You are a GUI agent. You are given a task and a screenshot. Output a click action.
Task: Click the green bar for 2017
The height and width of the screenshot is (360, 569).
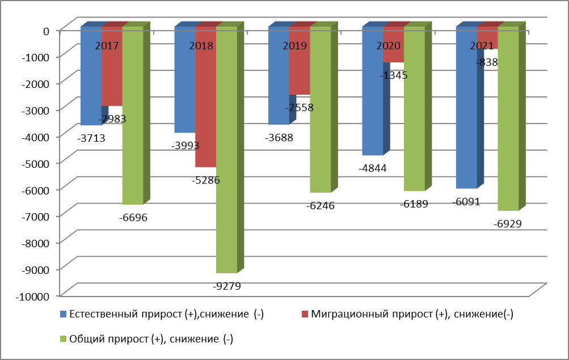[133, 125]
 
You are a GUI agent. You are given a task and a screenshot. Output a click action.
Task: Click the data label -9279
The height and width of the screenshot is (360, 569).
[226, 286]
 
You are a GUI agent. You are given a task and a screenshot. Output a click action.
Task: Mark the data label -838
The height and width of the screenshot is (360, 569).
[487, 62]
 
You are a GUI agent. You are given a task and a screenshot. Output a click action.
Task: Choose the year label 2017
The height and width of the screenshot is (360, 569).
[107, 46]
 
